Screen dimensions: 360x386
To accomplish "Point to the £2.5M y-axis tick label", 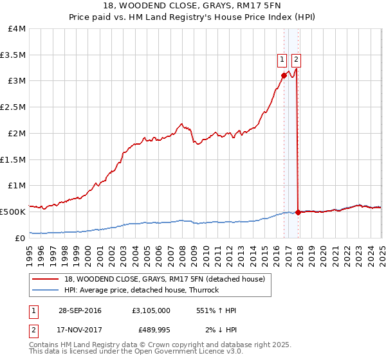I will tap(13, 107).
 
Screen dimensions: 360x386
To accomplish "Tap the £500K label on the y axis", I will tap(13, 211).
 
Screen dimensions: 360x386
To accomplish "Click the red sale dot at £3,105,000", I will tap(284, 75).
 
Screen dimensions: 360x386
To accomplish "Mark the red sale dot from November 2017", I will tap(297, 212).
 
